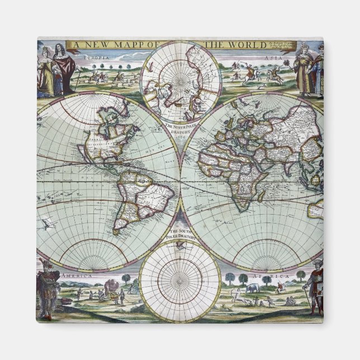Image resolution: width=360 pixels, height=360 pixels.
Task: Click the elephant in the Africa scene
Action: [x=252, y=288]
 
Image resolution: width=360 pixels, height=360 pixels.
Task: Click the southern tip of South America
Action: [x=117, y=230]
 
